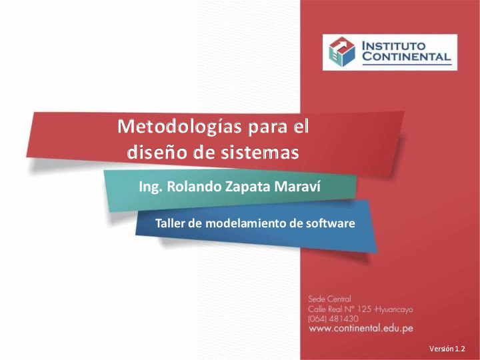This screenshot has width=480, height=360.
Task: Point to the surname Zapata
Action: point(247,188)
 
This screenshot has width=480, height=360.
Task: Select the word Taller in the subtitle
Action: point(169,223)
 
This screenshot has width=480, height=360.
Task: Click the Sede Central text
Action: point(329,299)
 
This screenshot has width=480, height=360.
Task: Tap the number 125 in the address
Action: point(365,309)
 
